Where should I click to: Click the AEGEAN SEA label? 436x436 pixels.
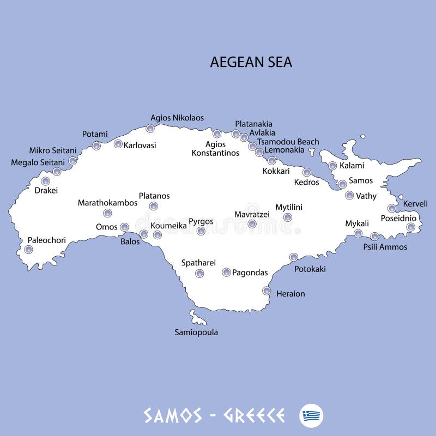251,62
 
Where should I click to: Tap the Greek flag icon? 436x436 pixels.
311,416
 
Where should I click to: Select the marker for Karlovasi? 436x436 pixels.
118,144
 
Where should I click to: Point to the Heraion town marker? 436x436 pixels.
267,290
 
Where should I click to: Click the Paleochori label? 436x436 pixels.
47,240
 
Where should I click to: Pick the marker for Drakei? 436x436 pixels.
45,181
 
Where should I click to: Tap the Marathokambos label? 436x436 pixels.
107,203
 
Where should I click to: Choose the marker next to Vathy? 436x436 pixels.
349,195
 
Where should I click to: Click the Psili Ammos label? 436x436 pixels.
385,247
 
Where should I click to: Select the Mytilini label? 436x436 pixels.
289,207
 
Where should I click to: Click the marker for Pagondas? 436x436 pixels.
226,272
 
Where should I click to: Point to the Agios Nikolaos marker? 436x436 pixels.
150,129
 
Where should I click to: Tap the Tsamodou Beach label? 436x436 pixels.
288,142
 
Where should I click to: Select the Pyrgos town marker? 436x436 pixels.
201,231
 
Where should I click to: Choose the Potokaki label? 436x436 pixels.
310,269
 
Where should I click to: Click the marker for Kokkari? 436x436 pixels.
271,160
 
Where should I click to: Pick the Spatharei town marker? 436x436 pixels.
199,273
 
